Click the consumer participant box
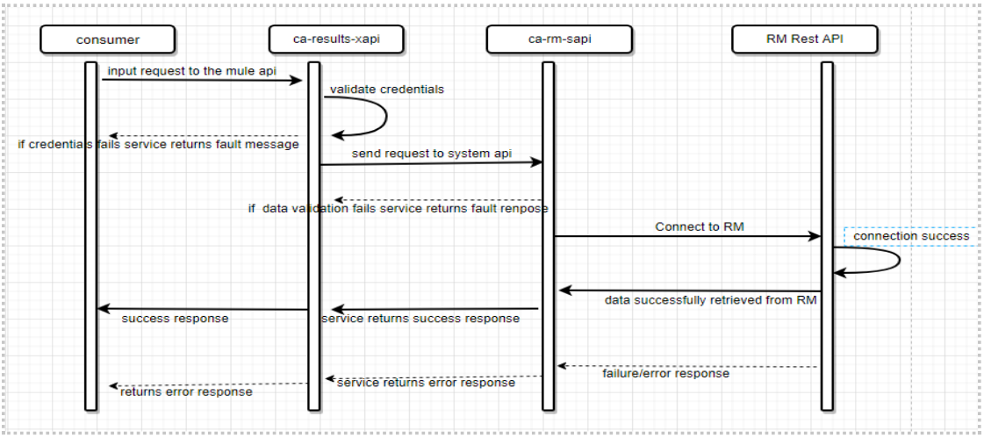tap(107, 39)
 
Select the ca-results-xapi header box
tap(336, 39)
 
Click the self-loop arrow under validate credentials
tap(383, 116)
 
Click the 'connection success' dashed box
tap(911, 235)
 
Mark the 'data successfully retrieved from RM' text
tap(710, 300)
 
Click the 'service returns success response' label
tap(420, 318)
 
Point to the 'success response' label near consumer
tap(175, 318)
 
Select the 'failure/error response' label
tap(665, 373)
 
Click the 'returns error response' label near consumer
tap(186, 391)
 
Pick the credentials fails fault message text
tap(159, 144)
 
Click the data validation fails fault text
tap(398, 209)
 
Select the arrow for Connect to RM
tap(685, 236)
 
